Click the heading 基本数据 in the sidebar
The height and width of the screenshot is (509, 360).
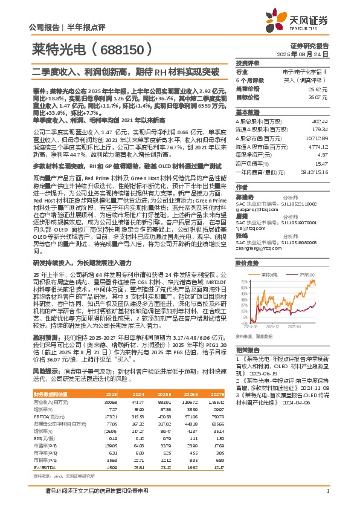tap(248, 112)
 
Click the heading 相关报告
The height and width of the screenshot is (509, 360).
tap(248, 349)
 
